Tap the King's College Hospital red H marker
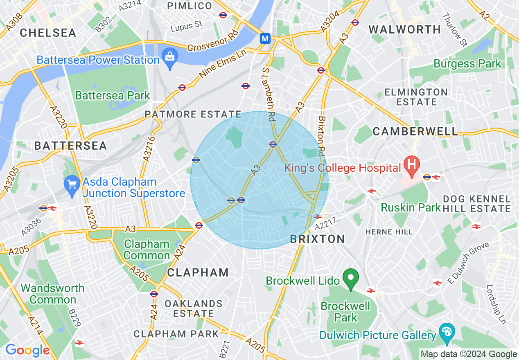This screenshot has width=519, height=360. point(411,164)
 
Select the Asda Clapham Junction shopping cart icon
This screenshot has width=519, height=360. point(72,187)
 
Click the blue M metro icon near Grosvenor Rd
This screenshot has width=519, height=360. point(265,38)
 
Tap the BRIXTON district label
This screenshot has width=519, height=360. point(317,239)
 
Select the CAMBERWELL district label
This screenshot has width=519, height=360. point(415,131)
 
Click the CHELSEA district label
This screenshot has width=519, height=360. point(48,33)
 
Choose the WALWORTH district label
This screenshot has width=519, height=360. point(404,29)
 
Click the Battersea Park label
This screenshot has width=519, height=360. point(113,96)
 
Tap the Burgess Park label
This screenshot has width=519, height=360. point(467,64)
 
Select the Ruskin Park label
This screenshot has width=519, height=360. point(411,207)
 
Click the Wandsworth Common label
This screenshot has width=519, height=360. point(52,294)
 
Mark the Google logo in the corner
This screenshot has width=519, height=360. point(27,350)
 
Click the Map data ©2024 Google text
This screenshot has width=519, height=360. point(469,354)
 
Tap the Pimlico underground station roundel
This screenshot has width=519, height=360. point(223,15)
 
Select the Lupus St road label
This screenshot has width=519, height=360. point(187,25)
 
